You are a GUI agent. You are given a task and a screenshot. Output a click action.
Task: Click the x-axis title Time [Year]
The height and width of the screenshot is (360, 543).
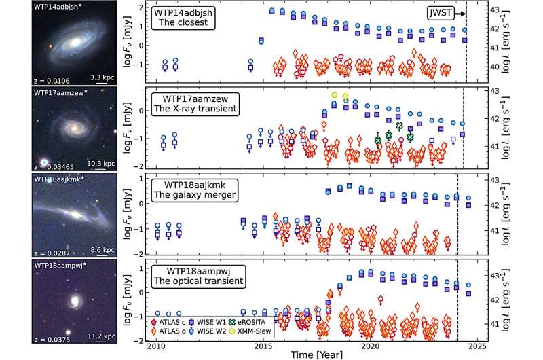(317, 354)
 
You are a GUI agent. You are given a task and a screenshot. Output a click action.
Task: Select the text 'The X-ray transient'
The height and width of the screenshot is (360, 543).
(198, 110)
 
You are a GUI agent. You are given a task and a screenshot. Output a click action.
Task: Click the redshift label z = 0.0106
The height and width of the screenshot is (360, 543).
(21, 80)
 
